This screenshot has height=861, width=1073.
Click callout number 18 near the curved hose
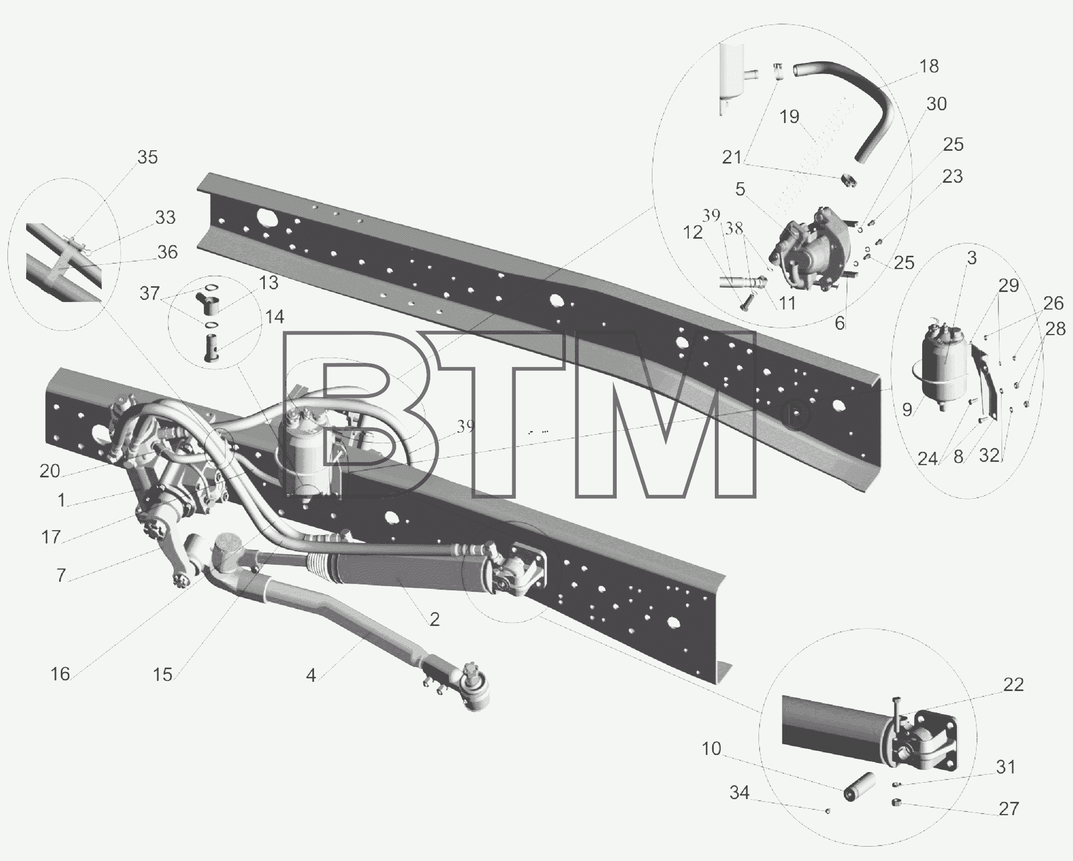tap(929, 67)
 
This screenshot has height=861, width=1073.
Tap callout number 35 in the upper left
tap(148, 157)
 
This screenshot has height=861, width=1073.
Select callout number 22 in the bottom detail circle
tap(1013, 685)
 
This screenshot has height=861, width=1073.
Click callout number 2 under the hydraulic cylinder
tap(434, 619)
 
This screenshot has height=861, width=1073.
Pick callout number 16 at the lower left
tap(60, 675)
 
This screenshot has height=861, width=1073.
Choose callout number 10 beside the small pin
tap(711, 749)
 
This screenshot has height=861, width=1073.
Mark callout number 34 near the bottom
tap(739, 793)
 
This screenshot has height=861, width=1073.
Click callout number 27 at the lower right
tap(1009, 809)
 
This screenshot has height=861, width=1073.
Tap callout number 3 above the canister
tap(972, 258)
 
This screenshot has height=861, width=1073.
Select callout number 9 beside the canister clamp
tap(907, 410)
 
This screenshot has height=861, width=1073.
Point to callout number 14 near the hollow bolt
tap(274, 317)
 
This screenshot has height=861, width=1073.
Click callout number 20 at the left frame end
tap(50, 471)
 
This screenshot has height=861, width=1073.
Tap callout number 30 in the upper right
tap(936, 104)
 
